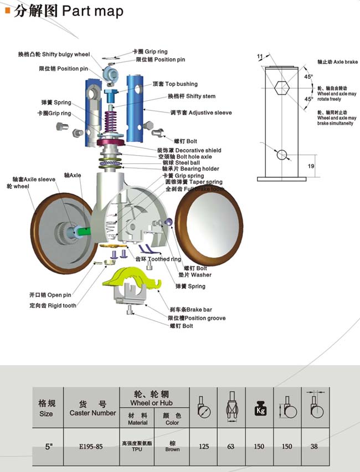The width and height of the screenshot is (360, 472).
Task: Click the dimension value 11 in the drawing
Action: (260, 57)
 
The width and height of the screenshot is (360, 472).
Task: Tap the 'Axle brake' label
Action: (338, 63)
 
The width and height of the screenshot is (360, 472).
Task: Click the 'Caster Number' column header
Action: (92, 409)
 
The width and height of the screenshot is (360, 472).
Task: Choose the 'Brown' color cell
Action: (172, 446)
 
